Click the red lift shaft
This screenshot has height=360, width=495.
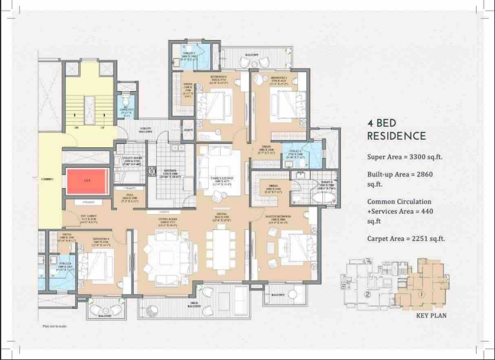click(x=86, y=180)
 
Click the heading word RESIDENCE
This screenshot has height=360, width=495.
click(x=396, y=136)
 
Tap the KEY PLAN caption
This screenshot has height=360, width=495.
click(x=431, y=316)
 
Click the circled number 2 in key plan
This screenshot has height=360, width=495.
click(x=367, y=295)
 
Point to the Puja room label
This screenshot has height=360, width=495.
click(x=130, y=197)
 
